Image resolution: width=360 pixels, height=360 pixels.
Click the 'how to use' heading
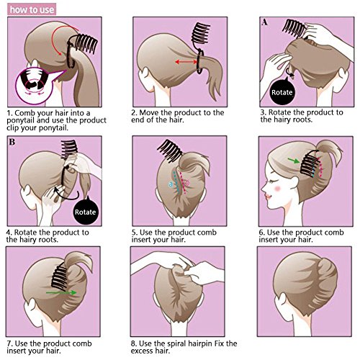(32, 9)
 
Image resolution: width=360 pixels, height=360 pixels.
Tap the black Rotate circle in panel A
(282, 93)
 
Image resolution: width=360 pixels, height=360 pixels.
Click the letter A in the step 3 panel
(264, 22)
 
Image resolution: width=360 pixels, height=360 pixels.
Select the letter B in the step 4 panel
(12, 142)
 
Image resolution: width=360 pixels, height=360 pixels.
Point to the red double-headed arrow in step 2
(186, 62)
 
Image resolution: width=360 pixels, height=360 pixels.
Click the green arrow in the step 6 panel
(294, 161)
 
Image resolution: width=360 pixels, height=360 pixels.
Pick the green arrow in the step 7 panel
(61, 292)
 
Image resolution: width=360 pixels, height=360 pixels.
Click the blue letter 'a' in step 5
(171, 184)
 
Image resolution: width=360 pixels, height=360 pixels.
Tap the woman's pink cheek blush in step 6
(278, 189)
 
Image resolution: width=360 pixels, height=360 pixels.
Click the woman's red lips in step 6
(267, 197)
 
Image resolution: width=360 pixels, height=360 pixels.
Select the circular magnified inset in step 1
(34, 86)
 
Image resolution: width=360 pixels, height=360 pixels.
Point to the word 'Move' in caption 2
(149, 112)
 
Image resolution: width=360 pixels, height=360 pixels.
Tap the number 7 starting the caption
(9, 343)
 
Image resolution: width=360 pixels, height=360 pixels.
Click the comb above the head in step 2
(201, 33)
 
